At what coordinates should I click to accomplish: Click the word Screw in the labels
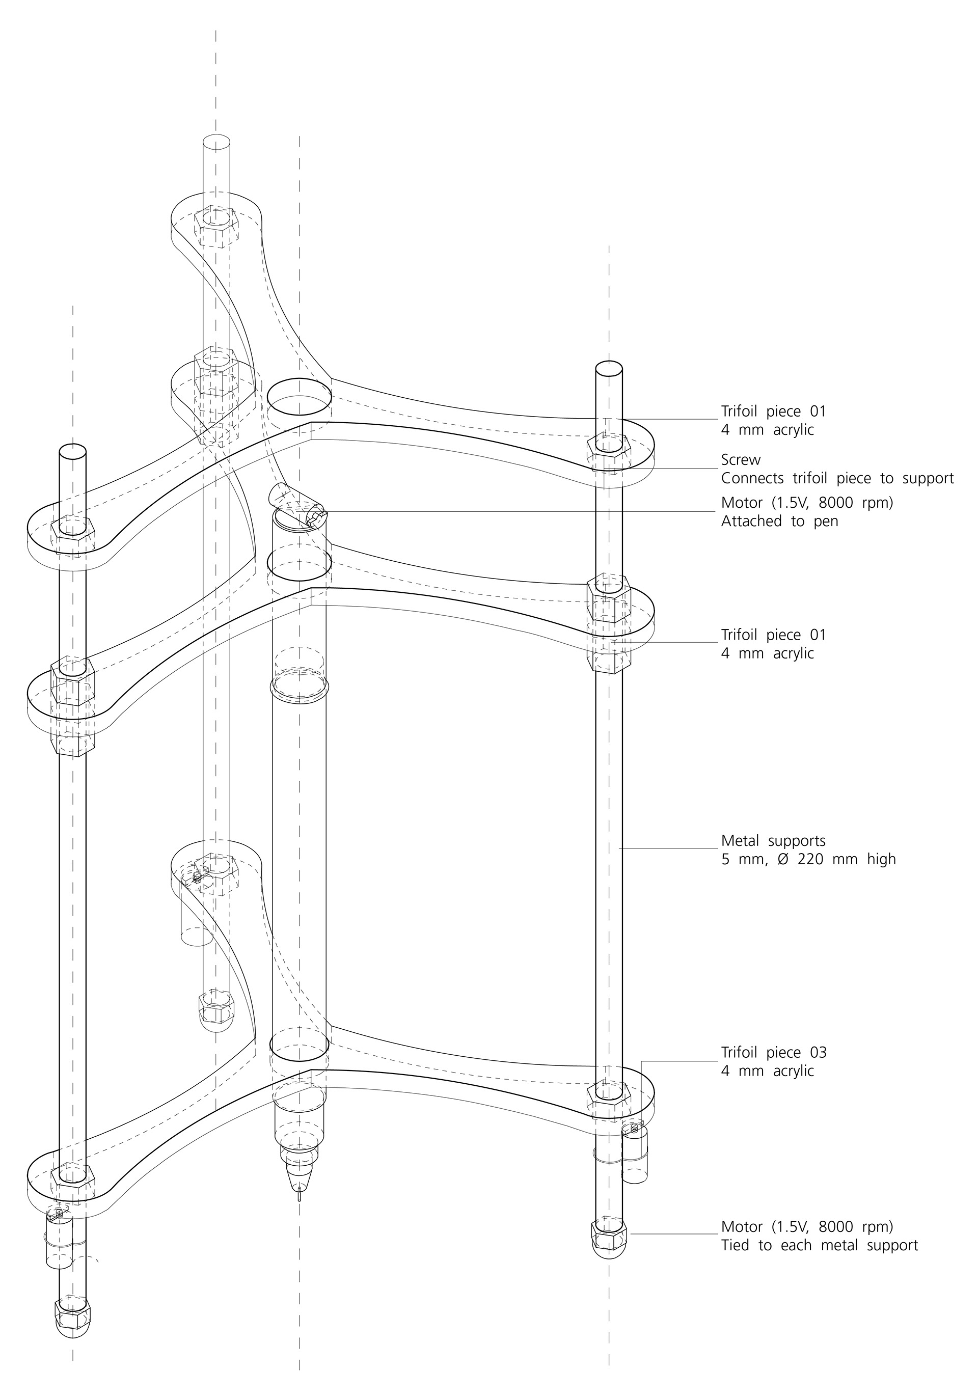[740, 459]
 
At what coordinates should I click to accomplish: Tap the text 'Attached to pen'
[779, 521]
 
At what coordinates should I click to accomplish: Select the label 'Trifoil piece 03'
[773, 1052]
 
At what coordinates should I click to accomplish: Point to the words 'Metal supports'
[773, 841]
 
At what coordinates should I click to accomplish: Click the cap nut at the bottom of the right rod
[609, 1238]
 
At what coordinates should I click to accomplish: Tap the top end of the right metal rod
[609, 370]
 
